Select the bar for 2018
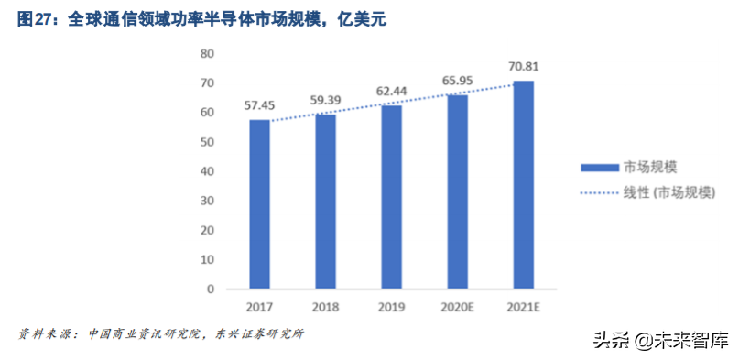pyautogui.click(x=325, y=202)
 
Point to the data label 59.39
pyautogui.click(x=325, y=100)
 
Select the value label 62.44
pyautogui.click(x=391, y=91)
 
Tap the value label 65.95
pyautogui.click(x=457, y=81)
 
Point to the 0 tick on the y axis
pyautogui.click(x=211, y=289)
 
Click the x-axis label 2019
pyautogui.click(x=391, y=306)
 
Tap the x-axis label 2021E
pyautogui.click(x=523, y=306)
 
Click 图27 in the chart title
pyautogui.click(x=34, y=18)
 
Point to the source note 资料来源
pyautogui.click(x=46, y=333)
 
